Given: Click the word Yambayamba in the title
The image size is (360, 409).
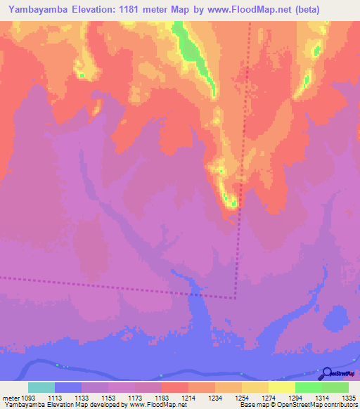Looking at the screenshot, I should [34, 10].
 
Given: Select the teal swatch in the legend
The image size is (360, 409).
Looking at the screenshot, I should [41, 387].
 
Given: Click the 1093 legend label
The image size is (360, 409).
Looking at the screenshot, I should [27, 397].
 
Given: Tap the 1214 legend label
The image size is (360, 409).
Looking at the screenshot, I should [188, 397].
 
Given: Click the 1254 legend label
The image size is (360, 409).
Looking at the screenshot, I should [242, 397].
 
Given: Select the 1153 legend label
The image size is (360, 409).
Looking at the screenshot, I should [108, 397].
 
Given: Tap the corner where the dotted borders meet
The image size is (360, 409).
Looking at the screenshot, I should [235, 297].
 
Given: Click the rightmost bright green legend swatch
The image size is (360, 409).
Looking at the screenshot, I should [335, 387].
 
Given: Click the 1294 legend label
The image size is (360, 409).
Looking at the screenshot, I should [295, 397].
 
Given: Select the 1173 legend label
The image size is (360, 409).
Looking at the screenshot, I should [134, 397].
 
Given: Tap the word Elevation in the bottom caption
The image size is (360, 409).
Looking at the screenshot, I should [53, 405].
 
